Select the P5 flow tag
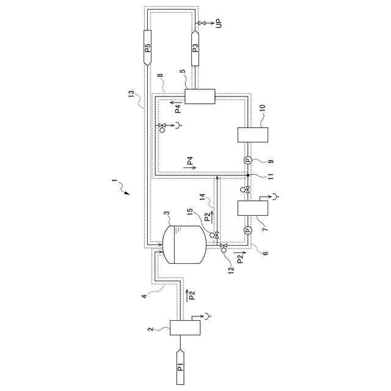pos(148,47)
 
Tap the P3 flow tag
pos(195,47)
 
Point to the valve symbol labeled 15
pos(213,235)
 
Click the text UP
pos(217,23)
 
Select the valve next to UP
pos(200,23)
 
